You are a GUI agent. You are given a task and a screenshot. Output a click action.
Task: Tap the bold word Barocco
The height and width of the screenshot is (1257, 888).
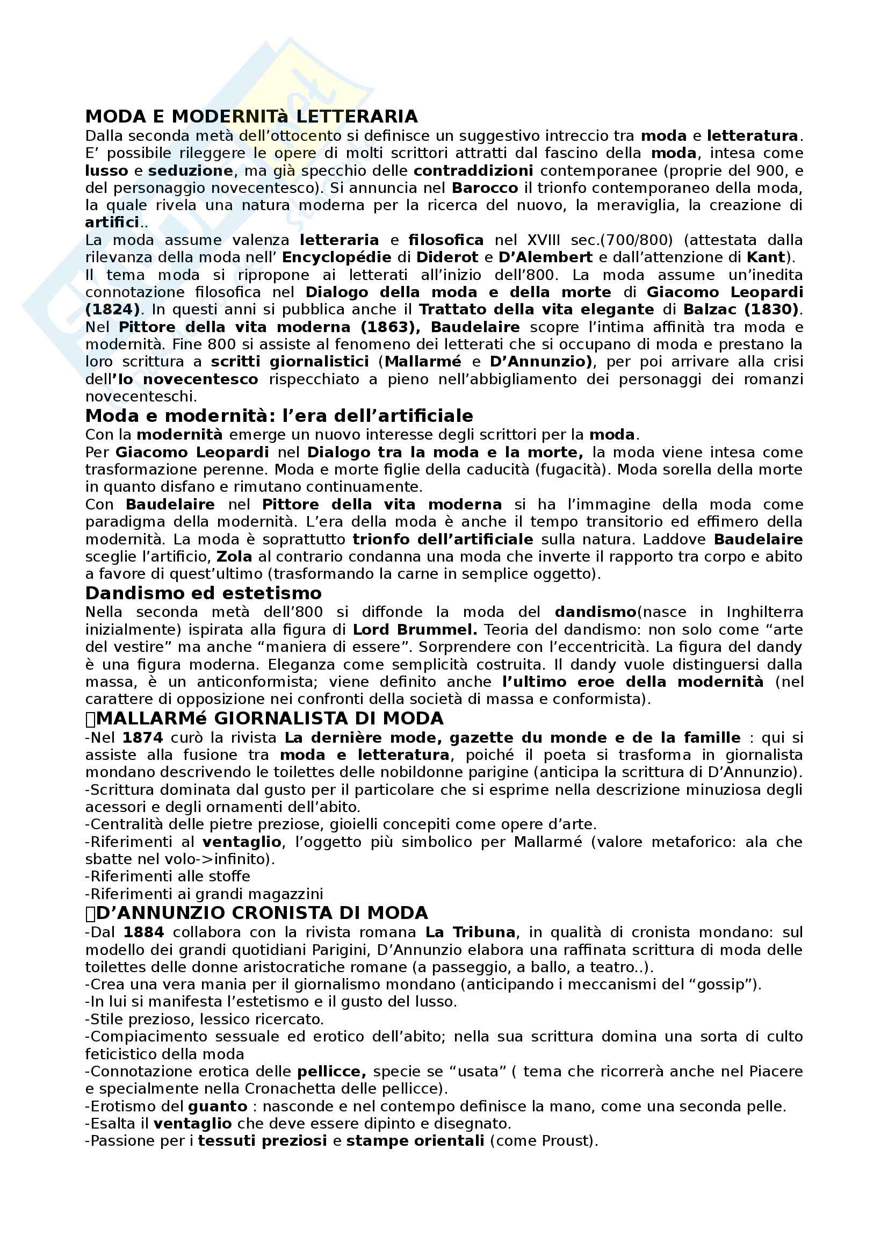485,188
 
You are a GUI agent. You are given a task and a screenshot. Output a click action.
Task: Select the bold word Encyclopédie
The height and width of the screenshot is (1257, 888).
336,257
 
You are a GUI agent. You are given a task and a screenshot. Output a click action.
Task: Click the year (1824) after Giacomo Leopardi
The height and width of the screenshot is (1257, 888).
112,310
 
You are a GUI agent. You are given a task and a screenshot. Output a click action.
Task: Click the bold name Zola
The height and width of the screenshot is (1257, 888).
234,557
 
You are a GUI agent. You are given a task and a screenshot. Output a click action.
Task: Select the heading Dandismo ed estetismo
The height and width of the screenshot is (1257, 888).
203,593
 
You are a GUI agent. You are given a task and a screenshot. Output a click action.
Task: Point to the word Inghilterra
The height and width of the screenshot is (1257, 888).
764,612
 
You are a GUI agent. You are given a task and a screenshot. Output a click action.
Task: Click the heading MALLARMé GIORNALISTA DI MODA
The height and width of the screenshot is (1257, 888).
269,719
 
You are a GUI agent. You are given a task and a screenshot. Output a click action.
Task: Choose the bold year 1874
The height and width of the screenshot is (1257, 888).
143,738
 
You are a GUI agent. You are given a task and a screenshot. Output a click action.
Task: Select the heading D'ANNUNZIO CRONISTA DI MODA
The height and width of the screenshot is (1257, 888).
262,913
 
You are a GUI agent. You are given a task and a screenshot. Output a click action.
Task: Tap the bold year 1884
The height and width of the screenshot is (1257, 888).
144,932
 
